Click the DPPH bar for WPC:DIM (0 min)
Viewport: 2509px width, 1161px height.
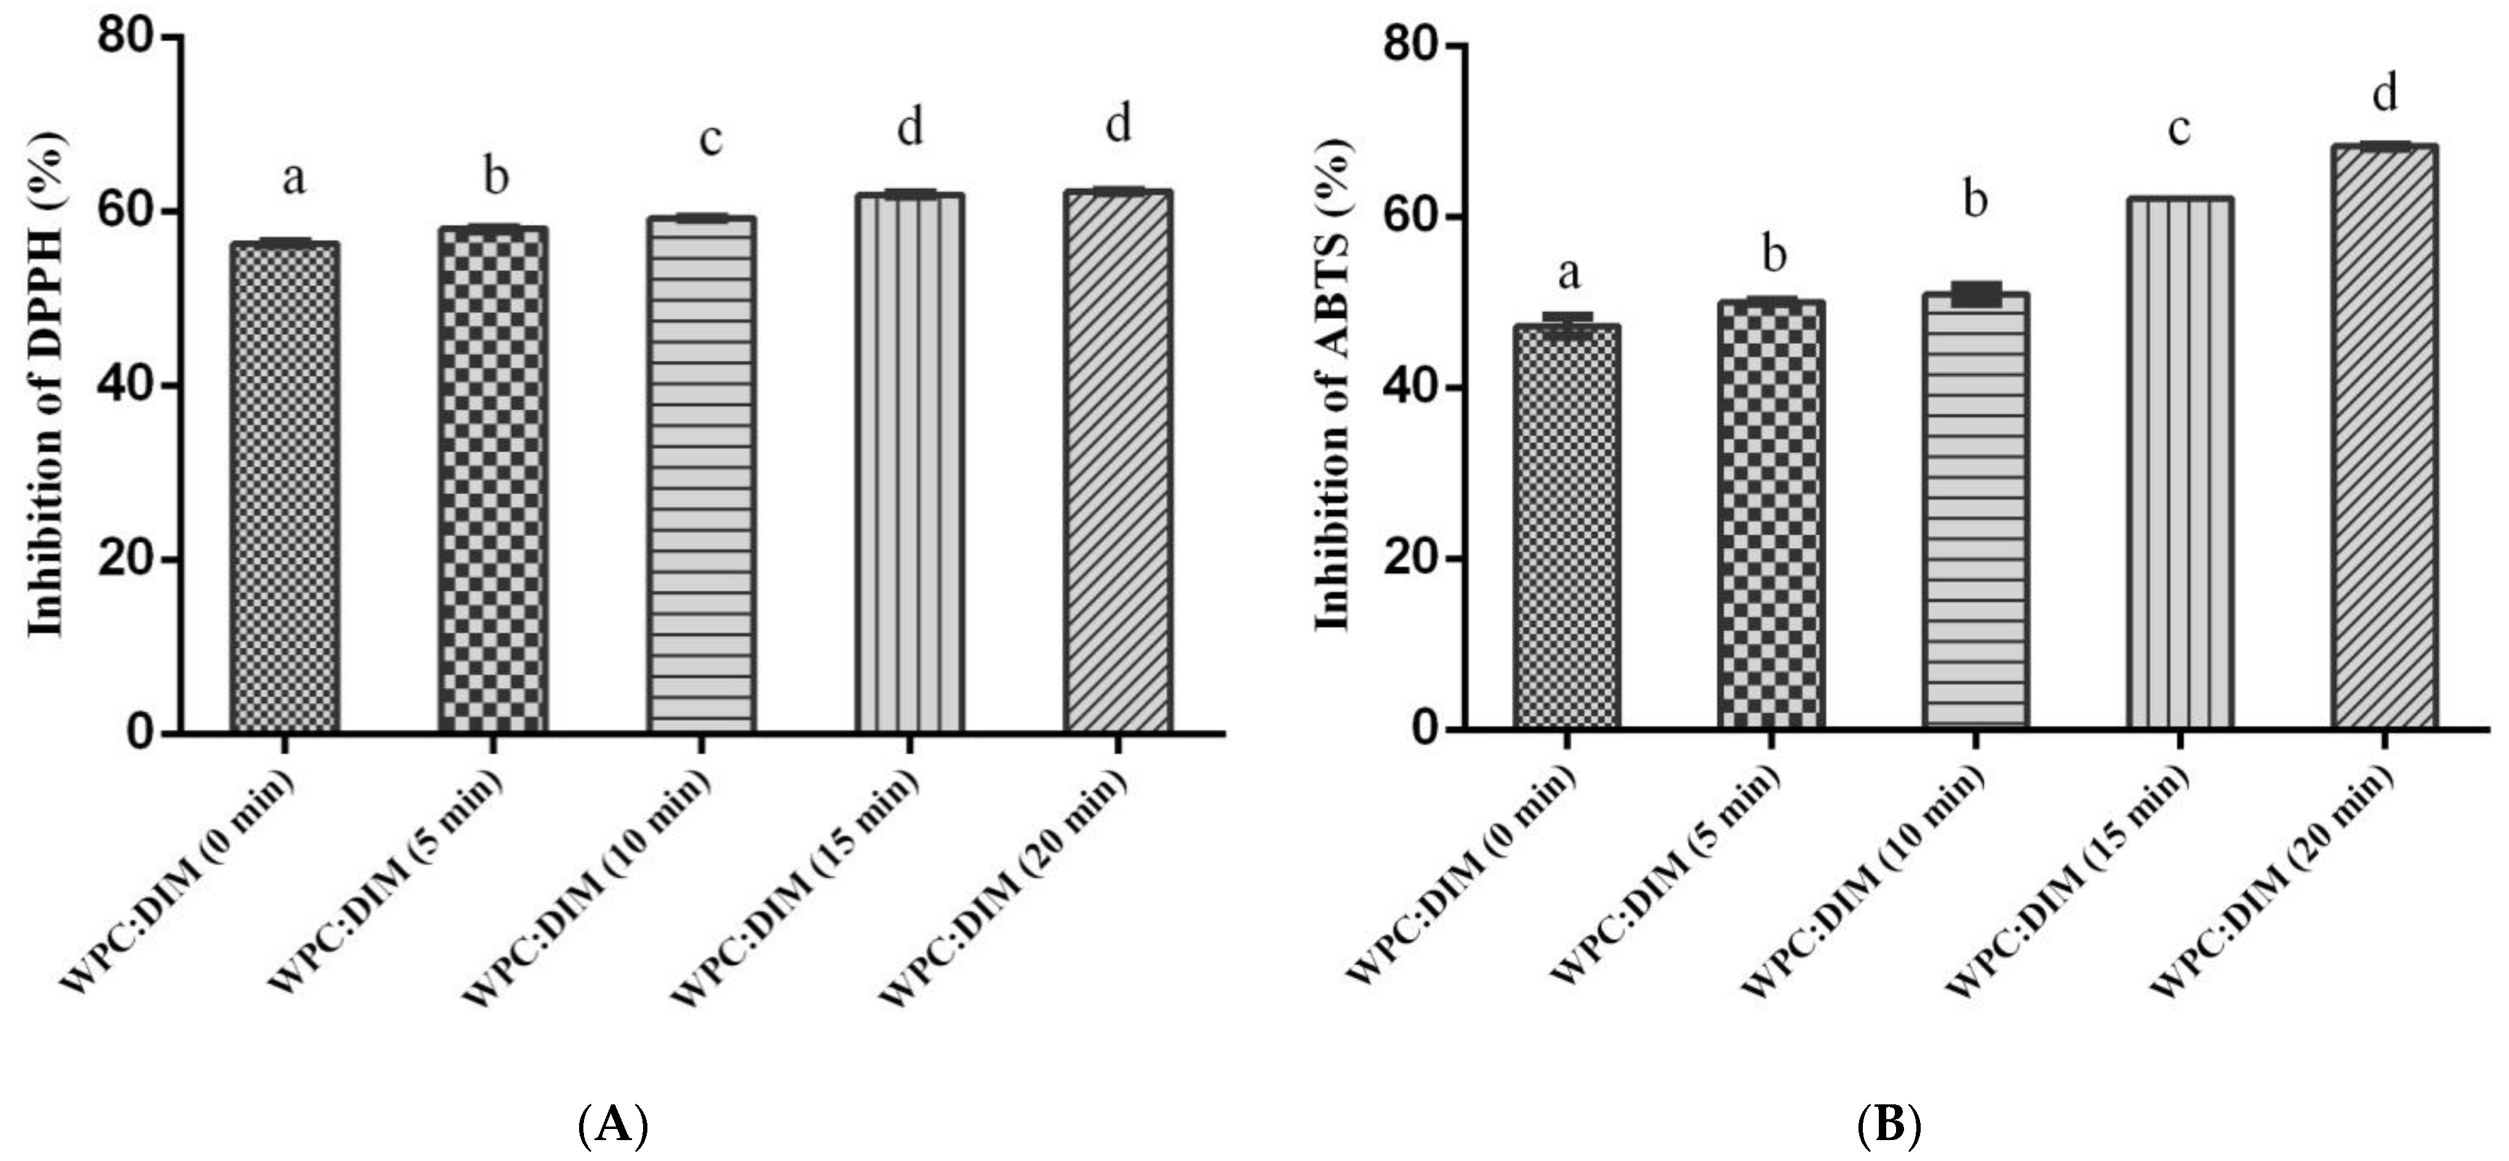284,487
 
